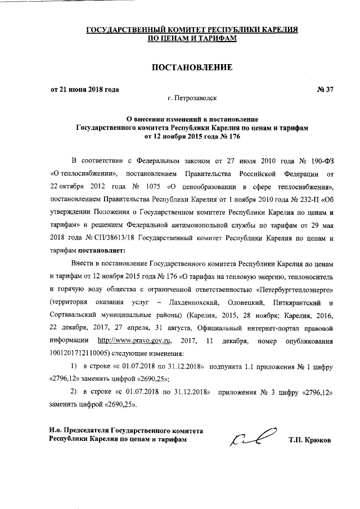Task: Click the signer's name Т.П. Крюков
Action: [x=310, y=440]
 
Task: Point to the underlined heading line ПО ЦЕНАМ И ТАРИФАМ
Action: [x=191, y=38]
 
